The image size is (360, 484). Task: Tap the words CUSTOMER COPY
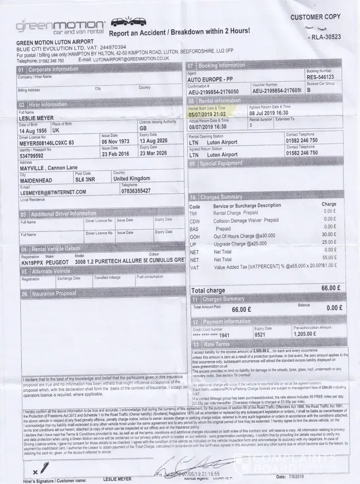[315, 17]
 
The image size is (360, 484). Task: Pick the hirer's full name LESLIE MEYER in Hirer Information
[36, 118]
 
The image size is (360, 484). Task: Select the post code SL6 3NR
[86, 179]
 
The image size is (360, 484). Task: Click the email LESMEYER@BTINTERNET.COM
[53, 192]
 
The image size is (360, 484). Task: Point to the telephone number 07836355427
[136, 191]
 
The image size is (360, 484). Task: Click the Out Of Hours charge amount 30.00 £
[329, 234]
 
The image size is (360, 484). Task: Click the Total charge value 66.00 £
[332, 288]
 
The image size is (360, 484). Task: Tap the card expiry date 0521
[260, 334]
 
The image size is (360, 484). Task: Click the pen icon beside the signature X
[44, 467]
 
